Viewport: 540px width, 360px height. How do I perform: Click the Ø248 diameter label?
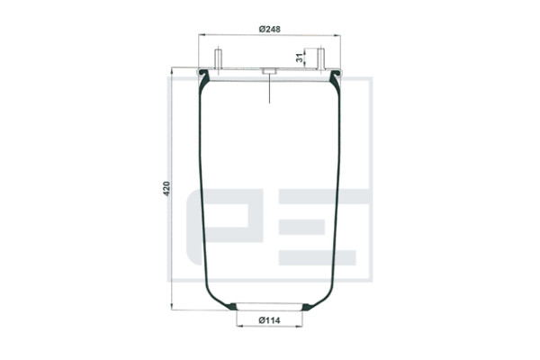coord(270,30)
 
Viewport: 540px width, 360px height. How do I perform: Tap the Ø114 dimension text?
coord(269,320)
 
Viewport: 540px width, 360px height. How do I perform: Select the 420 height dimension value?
coord(166,188)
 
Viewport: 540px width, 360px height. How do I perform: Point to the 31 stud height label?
coord(301,58)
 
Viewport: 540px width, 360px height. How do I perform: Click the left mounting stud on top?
coord(219,59)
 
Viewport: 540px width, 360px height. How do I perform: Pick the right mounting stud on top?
coord(320,59)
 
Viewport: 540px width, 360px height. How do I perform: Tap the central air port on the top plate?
coord(269,71)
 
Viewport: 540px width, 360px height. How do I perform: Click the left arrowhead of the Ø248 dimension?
coord(201,34)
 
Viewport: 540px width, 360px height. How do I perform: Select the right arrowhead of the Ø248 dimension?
coord(337,35)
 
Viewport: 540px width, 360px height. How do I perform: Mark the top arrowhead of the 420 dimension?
coord(172,70)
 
